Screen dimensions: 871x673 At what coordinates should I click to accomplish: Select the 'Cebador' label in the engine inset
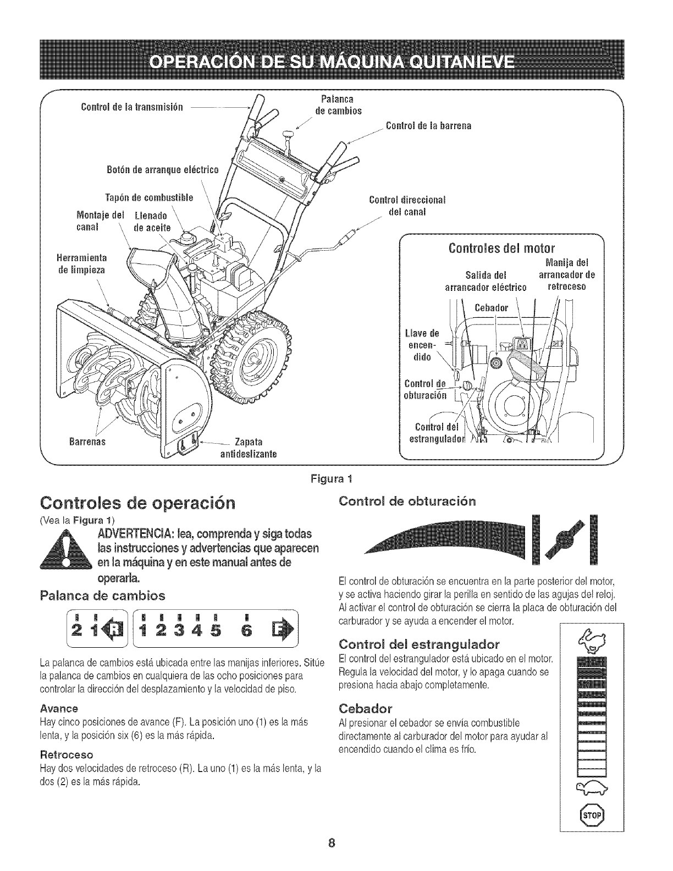coord(492,307)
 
